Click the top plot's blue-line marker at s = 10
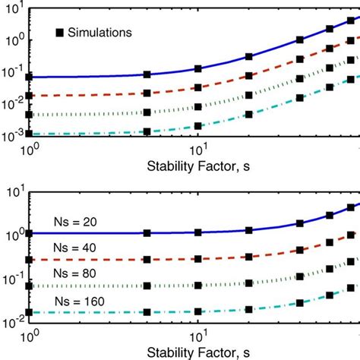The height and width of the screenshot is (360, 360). (197, 68)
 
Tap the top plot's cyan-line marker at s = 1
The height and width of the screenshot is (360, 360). (29, 133)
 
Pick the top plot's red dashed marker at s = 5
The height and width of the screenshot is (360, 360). (147, 94)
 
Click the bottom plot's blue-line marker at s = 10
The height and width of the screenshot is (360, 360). (197, 232)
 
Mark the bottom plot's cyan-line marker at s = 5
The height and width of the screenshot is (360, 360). (147, 311)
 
